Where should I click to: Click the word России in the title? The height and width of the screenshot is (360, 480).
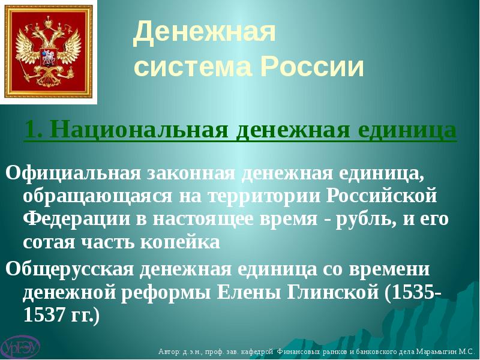(312, 66)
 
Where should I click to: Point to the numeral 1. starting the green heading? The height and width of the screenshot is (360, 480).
(34, 130)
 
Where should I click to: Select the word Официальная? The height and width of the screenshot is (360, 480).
(73, 173)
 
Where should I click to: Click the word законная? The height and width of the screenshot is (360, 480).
(191, 173)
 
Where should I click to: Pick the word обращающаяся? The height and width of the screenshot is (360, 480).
(97, 196)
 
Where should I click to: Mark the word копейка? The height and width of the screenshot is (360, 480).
(181, 242)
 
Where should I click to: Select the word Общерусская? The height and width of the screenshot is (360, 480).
(70, 269)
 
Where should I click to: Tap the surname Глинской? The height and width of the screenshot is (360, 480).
(332, 292)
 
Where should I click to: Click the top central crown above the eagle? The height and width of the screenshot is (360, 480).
(49, 23)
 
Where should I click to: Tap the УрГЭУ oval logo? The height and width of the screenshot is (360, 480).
(20, 347)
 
